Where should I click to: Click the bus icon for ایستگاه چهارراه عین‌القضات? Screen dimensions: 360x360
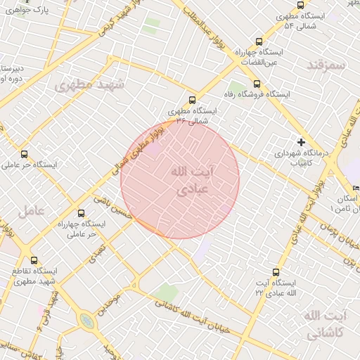259,41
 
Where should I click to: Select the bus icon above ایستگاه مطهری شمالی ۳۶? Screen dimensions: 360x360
193,100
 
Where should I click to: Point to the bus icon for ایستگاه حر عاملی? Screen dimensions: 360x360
25,154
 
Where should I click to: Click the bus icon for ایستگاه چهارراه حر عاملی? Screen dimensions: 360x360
81,212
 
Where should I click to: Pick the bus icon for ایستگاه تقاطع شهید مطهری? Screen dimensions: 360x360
34,260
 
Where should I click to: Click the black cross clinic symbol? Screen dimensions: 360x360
302,141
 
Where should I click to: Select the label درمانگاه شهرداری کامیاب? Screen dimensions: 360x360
292,157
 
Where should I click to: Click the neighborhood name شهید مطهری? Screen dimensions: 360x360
89,85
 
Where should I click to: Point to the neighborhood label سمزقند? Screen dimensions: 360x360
328,65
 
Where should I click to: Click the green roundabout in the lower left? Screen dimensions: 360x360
86,321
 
